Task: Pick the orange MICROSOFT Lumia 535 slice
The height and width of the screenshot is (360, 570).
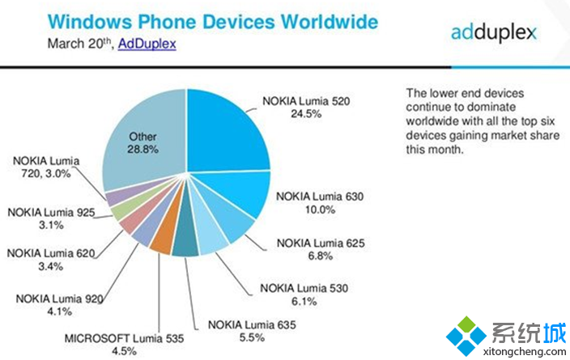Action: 162,242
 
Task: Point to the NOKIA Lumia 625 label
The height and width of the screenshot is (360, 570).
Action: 316,242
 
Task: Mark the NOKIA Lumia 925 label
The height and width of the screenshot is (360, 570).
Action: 50,213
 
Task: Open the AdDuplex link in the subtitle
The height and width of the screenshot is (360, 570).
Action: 147,43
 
